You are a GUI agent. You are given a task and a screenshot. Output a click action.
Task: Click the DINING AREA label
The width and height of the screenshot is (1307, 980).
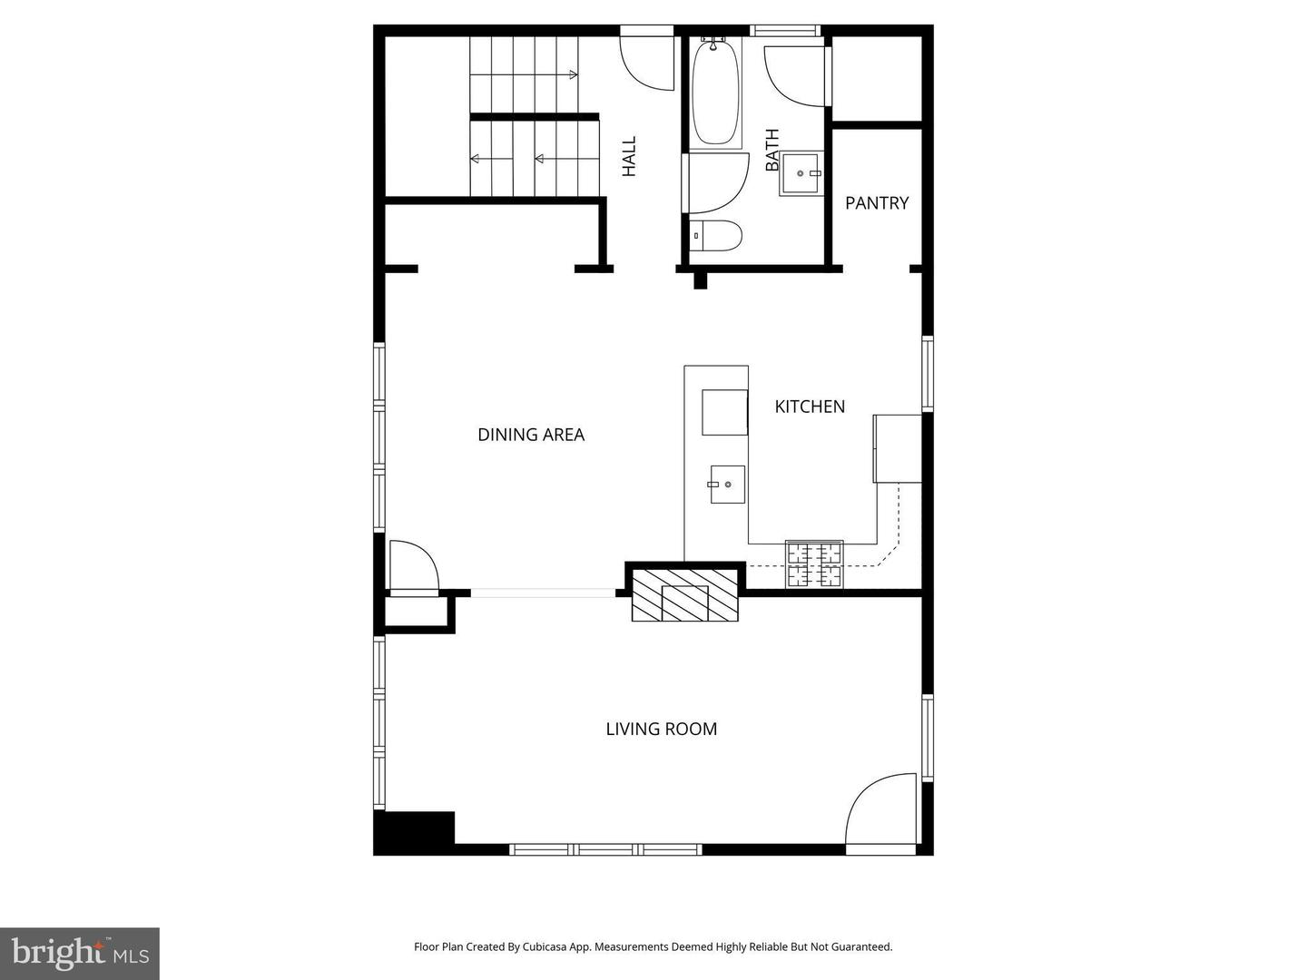click(531, 435)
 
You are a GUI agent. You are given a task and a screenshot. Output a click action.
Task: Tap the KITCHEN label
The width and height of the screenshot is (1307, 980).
click(810, 407)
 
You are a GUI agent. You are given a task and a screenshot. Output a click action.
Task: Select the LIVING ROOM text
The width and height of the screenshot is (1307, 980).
click(661, 729)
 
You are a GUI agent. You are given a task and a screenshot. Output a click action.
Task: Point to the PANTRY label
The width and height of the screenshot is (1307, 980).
click(877, 203)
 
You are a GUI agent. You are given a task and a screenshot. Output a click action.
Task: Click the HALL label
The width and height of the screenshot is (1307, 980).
click(629, 156)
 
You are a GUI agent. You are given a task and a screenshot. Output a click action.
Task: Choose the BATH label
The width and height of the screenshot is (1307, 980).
click(771, 150)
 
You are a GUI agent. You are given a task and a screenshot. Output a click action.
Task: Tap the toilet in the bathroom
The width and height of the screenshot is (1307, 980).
click(715, 236)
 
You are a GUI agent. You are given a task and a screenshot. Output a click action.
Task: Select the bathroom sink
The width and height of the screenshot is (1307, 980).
click(801, 173)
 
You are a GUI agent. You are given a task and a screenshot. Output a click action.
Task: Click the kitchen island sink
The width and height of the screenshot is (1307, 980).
click(727, 484)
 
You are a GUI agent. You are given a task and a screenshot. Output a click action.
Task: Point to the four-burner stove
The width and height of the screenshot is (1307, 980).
click(814, 564)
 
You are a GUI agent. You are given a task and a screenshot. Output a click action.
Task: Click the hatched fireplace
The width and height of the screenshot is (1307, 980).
click(684, 595)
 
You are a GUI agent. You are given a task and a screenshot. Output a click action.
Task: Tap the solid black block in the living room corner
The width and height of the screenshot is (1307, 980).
click(414, 832)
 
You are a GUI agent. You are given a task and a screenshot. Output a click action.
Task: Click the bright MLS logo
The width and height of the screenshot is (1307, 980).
click(80, 954)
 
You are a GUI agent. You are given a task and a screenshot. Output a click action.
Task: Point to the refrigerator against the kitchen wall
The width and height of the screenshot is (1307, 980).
click(898, 448)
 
